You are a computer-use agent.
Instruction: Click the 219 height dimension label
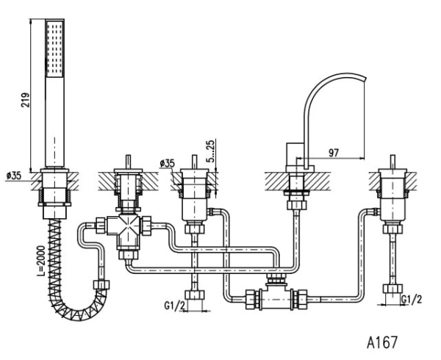coord(26,100)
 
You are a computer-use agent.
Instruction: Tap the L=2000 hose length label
coord(41,261)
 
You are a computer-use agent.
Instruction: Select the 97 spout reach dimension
coord(334,153)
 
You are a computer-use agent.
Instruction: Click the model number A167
coord(382,342)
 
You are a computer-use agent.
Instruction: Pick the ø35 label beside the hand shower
coord(13,176)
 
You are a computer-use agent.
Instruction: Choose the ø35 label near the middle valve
coord(167,163)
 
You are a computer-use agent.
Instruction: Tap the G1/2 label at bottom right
coord(412,300)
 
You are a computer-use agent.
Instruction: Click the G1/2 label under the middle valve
coord(174,306)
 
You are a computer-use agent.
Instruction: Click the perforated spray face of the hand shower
coord(55,48)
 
